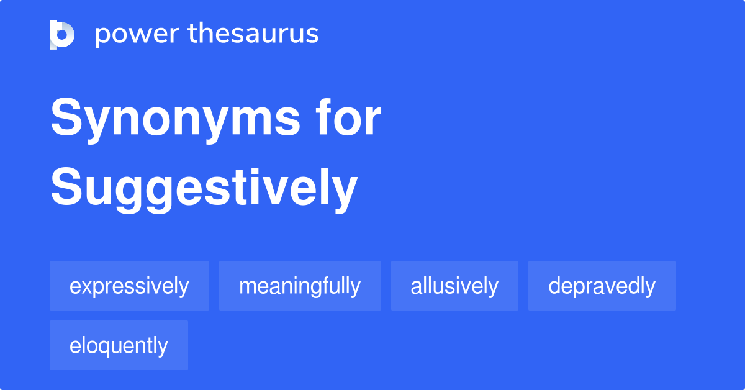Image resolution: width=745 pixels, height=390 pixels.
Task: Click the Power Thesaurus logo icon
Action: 62,34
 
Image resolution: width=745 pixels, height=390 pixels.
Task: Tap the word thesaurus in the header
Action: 253,34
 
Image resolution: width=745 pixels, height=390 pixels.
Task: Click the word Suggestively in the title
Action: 204,188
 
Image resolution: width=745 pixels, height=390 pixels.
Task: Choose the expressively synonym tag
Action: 129,286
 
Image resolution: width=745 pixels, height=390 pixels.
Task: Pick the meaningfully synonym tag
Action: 300,286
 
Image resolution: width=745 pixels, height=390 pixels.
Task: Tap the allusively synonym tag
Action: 454,286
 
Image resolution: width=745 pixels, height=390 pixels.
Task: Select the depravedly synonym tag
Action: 602,286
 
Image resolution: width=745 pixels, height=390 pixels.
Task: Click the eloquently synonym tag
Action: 119,346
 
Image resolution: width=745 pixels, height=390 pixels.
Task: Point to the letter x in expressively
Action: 86,287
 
